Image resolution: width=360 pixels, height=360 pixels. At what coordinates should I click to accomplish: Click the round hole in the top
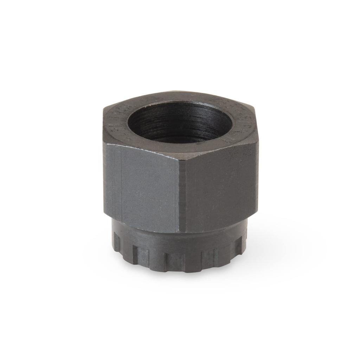tap(179, 123)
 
